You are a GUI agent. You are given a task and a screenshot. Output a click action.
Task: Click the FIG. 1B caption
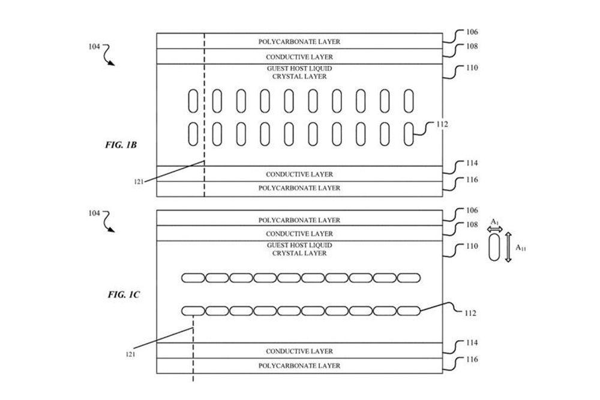pyautogui.click(x=122, y=145)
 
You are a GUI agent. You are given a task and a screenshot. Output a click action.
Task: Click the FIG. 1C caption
pyautogui.click(x=123, y=294)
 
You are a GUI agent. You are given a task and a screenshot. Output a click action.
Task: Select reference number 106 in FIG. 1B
pyautogui.click(x=472, y=32)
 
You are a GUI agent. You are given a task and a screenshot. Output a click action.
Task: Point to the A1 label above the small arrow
pyautogui.click(x=494, y=222)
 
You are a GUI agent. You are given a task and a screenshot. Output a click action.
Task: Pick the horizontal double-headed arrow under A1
pyautogui.click(x=494, y=229)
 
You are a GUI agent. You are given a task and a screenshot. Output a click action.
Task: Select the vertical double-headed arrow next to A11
pyautogui.click(x=508, y=247)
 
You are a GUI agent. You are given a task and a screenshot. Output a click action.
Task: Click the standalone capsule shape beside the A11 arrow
pyautogui.click(x=494, y=247)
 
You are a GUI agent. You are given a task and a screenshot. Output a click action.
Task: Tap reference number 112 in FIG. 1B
pyautogui.click(x=442, y=125)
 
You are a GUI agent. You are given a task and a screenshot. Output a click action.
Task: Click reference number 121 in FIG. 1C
pyautogui.click(x=130, y=354)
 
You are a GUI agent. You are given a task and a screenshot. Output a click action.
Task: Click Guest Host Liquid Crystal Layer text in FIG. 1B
pyautogui.click(x=299, y=73)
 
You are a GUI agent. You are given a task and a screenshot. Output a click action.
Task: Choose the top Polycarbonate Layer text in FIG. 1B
pyautogui.click(x=299, y=42)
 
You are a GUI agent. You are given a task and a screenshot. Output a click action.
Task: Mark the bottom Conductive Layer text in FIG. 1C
pyautogui.click(x=299, y=351)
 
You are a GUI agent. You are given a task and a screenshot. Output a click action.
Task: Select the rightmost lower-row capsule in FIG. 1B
pyautogui.click(x=409, y=133)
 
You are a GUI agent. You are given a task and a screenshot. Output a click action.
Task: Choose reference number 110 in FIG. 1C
pyautogui.click(x=472, y=246)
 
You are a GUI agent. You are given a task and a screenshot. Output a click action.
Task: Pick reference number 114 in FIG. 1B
pyautogui.click(x=472, y=163)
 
